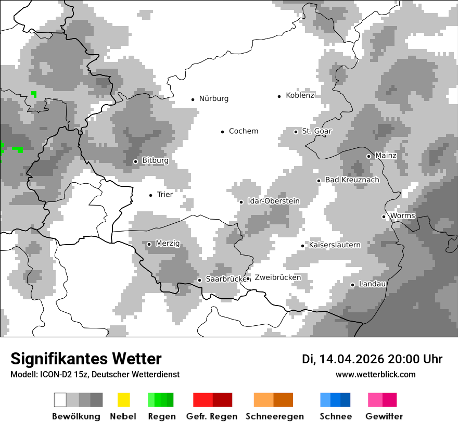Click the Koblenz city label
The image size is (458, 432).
(300, 95)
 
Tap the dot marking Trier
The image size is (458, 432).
(150, 195)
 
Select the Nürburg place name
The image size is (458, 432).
(213, 98)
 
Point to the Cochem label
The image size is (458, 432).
(244, 131)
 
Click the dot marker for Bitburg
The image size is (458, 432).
(135, 161)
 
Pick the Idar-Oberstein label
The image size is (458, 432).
(274, 201)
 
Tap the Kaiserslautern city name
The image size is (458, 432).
(335, 245)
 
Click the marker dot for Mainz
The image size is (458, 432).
(368, 156)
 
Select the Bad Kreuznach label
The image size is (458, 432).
(352, 180)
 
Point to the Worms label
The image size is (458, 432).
(402, 215)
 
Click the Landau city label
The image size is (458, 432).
(372, 284)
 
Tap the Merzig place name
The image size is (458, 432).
(168, 244)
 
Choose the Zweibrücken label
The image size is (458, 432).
(278, 277)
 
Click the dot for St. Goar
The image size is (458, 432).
(296, 132)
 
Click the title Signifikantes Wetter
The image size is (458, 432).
(86, 359)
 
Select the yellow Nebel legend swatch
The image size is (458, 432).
(123, 400)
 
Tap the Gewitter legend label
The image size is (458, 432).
(384, 416)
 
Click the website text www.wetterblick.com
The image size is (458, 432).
(375, 374)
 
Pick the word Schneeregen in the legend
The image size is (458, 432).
(275, 416)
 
